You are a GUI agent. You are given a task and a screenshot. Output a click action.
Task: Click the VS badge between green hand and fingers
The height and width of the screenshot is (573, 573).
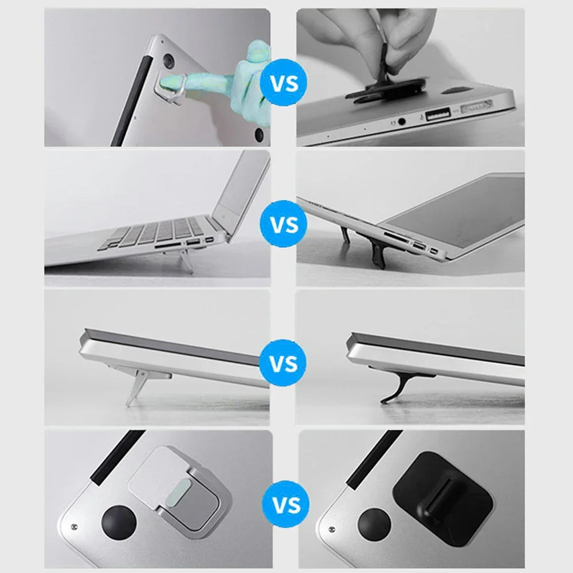pyautogui.click(x=284, y=85)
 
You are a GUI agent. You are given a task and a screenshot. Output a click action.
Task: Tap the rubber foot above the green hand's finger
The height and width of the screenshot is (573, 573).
pyautogui.click(x=170, y=60)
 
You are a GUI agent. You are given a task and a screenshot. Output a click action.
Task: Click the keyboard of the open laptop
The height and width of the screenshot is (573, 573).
pyautogui.click(x=155, y=232)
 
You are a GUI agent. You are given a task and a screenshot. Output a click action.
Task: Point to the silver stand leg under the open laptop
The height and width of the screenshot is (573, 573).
pyautogui.click(x=186, y=261)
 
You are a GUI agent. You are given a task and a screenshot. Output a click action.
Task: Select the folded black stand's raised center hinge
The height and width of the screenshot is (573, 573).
pyautogui.click(x=441, y=493)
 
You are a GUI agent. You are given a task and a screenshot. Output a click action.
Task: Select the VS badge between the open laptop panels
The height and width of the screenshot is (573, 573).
pyautogui.click(x=284, y=223)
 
